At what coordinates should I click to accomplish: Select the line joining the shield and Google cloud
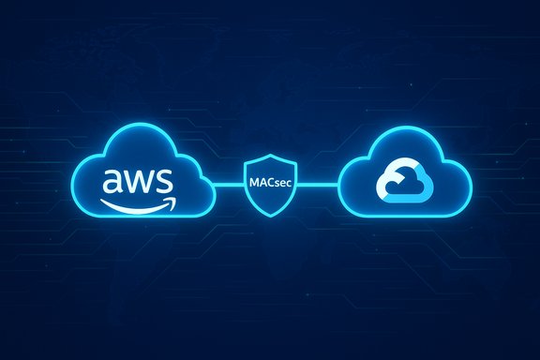tap(314, 184)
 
